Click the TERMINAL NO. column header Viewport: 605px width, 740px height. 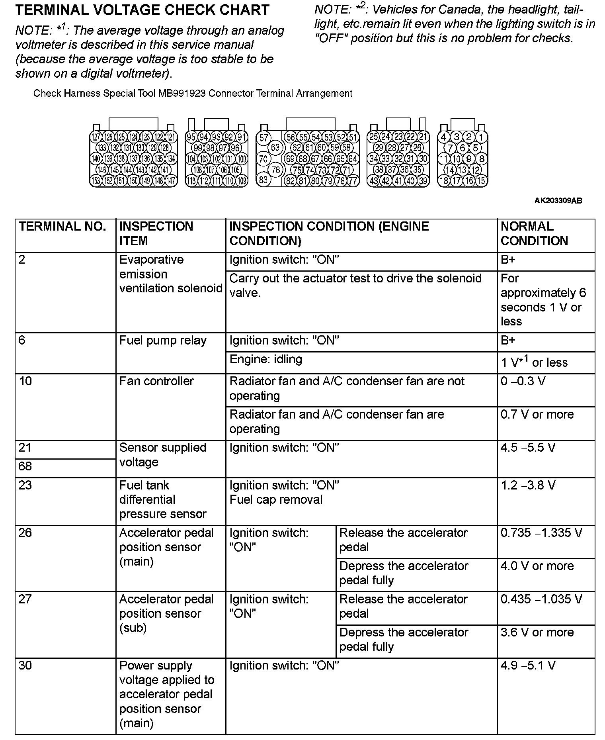click(x=62, y=227)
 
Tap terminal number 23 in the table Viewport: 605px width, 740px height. click(x=25, y=486)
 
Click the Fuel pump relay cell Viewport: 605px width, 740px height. click(x=163, y=341)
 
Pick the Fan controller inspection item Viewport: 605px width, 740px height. click(x=156, y=382)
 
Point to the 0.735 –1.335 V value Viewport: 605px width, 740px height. click(x=541, y=533)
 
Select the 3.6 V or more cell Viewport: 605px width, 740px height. click(x=537, y=632)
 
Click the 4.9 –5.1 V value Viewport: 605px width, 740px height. click(x=528, y=666)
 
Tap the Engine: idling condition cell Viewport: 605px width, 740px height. click(x=266, y=360)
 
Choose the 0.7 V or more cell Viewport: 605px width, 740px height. click(x=537, y=415)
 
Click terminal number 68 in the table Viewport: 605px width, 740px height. click(x=25, y=466)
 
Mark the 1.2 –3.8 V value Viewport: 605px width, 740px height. click(x=528, y=486)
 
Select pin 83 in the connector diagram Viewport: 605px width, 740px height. click(x=263, y=179)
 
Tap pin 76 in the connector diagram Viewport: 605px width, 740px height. click(x=275, y=169)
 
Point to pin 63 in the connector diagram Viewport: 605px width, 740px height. click(x=275, y=148)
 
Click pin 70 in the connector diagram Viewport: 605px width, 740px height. click(x=263, y=159)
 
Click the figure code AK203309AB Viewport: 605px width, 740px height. click(x=558, y=201)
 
